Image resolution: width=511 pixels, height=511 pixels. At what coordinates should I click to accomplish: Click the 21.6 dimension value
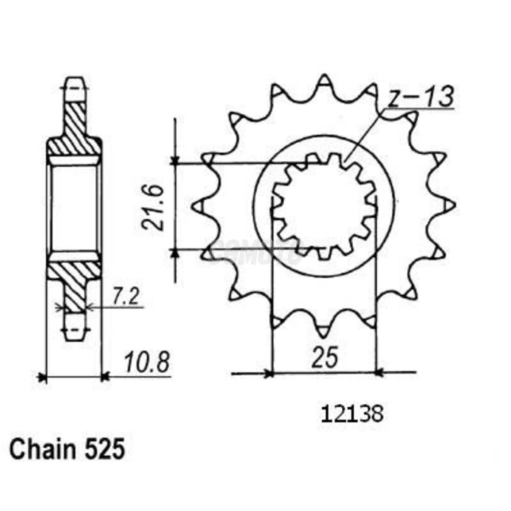coord(153,207)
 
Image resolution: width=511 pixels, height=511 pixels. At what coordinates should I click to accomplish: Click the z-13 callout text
coord(420,97)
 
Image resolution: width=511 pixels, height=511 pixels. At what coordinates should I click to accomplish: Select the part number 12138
coord(352,415)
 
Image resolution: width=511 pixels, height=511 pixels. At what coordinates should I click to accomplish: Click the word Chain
coord(42,449)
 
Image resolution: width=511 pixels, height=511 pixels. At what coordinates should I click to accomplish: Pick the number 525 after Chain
coord(105,449)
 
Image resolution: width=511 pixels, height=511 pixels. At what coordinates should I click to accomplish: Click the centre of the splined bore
coord(324,205)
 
